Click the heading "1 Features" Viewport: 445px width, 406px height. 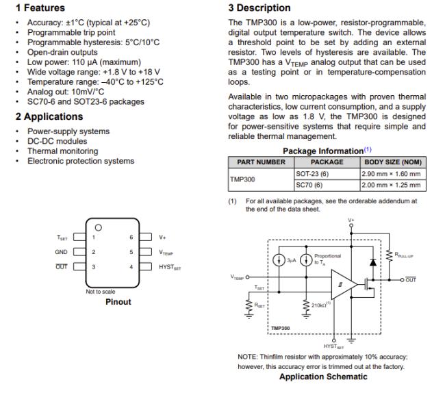[40, 8]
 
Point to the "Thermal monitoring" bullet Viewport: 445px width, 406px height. [62, 151]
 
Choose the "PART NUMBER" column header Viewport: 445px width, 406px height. [261, 162]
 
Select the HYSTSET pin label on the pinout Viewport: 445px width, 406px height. [170, 267]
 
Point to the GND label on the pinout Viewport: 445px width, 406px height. [61, 252]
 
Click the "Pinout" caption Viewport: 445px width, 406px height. [118, 301]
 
